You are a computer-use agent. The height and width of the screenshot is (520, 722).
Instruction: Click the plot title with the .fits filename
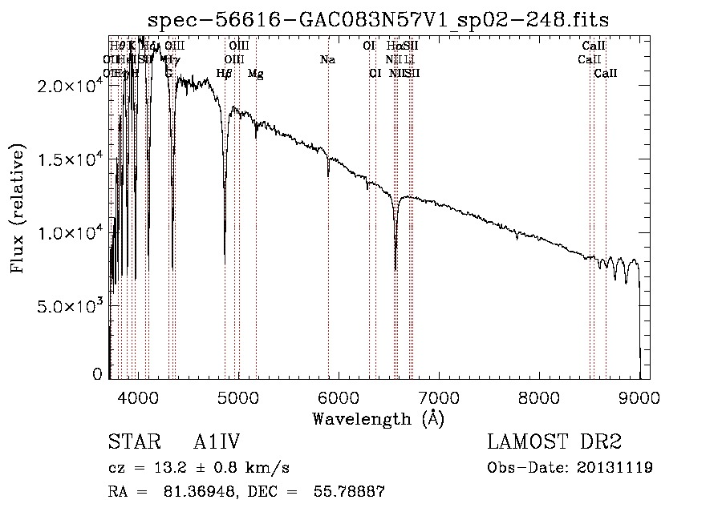pyautogui.click(x=384, y=19)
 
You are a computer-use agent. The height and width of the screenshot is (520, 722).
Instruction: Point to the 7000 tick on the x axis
pyautogui.click(x=439, y=397)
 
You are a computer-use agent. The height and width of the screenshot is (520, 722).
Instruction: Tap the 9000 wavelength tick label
pyautogui.click(x=639, y=397)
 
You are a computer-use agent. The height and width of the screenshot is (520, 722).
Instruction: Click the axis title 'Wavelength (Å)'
pyautogui.click(x=379, y=418)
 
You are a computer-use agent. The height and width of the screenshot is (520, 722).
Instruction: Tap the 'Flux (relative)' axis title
pyautogui.click(x=18, y=209)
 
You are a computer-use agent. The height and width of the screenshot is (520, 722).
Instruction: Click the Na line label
pyautogui.click(x=327, y=60)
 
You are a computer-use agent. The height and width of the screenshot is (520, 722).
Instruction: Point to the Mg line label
pyautogui.click(x=255, y=74)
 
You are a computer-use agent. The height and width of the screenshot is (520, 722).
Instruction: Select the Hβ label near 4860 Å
pyautogui.click(x=225, y=74)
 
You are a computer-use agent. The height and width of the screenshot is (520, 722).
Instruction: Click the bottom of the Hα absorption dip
pyautogui.click(x=395, y=269)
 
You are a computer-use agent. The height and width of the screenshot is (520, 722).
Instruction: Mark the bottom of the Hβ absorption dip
pyautogui.click(x=225, y=264)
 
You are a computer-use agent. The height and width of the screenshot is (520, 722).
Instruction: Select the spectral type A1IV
pyautogui.click(x=217, y=443)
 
